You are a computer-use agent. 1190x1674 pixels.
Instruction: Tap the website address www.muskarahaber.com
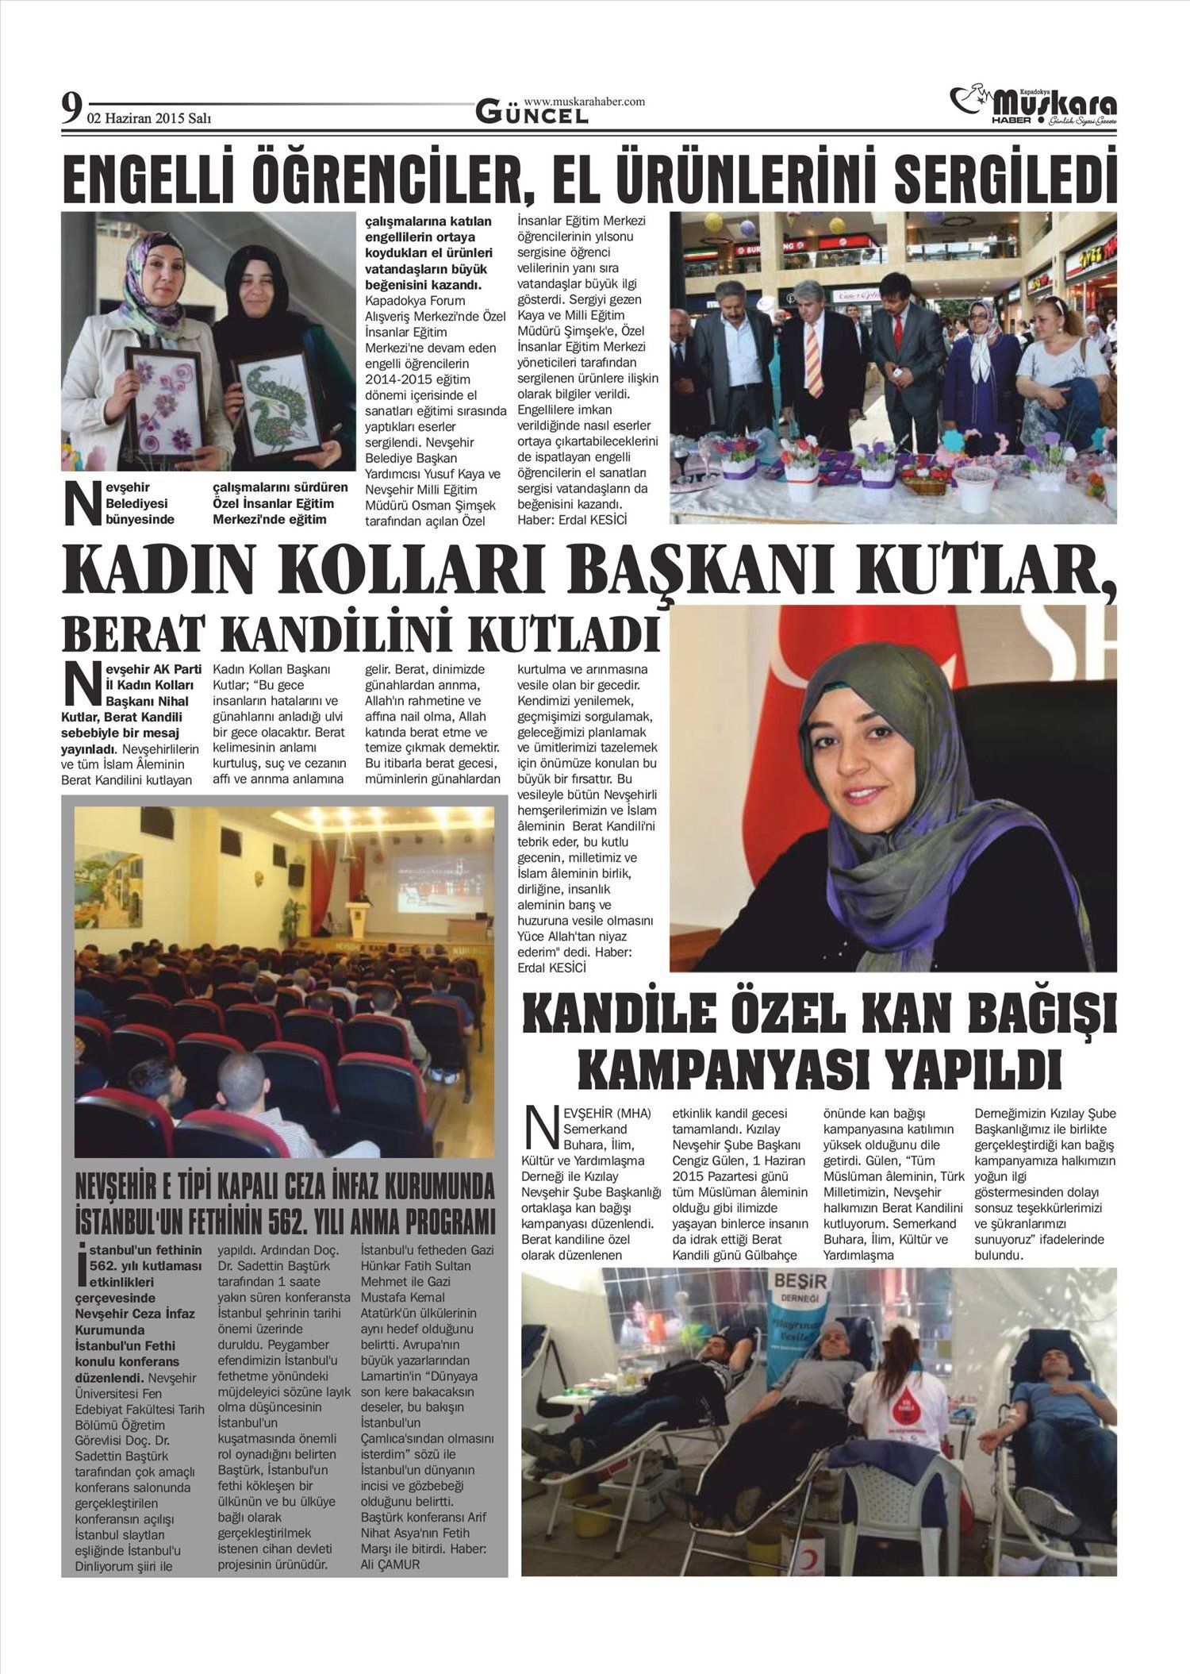click(x=584, y=102)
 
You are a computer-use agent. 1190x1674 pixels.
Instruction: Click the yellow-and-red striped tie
click(x=813, y=358)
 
